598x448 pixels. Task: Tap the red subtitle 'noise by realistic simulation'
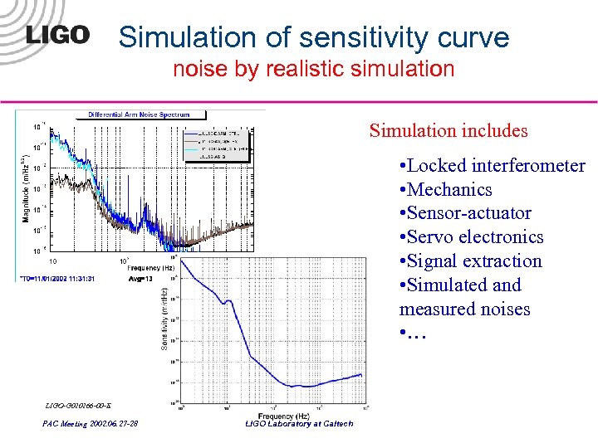[313, 69]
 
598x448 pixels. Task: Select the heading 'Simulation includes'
[448, 130]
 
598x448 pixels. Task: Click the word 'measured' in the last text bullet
[432, 309]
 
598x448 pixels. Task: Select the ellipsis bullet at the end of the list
[413, 335]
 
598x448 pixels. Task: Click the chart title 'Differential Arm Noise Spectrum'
[140, 114]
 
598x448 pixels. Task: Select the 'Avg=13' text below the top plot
[140, 278]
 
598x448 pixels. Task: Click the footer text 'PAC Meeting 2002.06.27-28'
[91, 424]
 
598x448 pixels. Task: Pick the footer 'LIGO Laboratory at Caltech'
[300, 424]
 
